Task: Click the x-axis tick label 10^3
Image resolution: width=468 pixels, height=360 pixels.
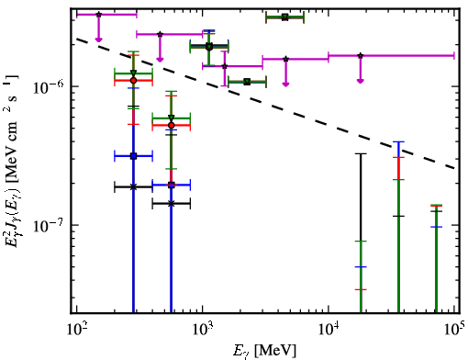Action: pos(203,330)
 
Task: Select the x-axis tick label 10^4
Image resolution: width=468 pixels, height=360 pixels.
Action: pos(329,330)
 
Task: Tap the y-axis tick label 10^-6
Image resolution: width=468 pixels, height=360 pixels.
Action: pos(48,87)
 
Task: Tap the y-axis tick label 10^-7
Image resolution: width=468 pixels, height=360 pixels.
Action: pos(48,226)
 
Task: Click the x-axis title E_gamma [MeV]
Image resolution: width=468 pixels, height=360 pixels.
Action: pos(264,351)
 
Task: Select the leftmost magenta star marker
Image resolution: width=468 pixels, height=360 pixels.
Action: pos(98,15)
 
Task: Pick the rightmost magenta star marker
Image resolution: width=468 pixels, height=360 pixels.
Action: pos(361,56)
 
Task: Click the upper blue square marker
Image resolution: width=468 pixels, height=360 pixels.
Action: pos(133,156)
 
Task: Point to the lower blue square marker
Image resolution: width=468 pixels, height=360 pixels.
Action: pos(172,185)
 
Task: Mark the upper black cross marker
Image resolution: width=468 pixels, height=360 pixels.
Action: pos(133,186)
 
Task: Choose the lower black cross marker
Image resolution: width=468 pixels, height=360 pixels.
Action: pos(172,203)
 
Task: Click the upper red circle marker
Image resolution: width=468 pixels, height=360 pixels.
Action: pos(133,81)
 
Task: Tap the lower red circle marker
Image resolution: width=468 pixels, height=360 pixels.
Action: pos(172,125)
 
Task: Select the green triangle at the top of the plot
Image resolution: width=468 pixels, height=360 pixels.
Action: pos(284,17)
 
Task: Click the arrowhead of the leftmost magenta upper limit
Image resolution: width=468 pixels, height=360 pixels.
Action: pos(98,39)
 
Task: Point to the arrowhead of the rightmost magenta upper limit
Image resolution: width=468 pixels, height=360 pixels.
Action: pos(361,81)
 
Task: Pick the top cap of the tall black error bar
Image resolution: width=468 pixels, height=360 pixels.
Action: pos(361,153)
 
